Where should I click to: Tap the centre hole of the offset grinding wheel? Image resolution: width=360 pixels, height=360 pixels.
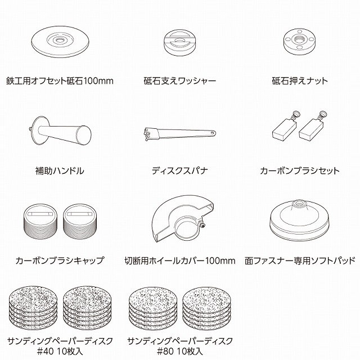(60, 40)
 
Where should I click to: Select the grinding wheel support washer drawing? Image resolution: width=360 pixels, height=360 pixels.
(180, 43)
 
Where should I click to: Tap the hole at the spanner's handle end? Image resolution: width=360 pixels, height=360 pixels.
(213, 133)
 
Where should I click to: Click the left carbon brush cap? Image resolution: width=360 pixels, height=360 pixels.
(40, 221)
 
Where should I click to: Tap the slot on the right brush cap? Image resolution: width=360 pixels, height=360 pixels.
(79, 214)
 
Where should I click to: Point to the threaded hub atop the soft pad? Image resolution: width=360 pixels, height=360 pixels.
(299, 204)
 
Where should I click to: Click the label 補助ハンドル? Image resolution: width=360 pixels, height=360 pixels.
(60, 170)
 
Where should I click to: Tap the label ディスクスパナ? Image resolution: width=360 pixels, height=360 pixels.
(180, 170)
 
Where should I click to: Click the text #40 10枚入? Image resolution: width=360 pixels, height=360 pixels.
(60, 351)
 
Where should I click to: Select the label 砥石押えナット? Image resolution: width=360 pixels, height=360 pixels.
(300, 81)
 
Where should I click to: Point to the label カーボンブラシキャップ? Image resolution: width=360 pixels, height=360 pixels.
(60, 260)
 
